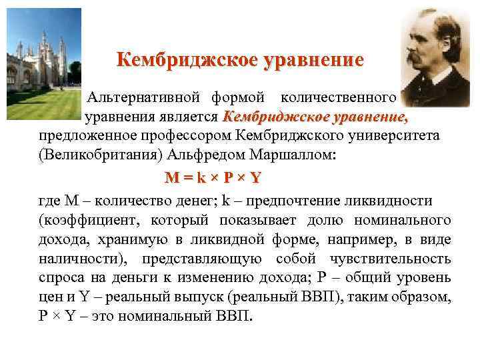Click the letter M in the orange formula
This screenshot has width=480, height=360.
[x=172, y=178]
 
